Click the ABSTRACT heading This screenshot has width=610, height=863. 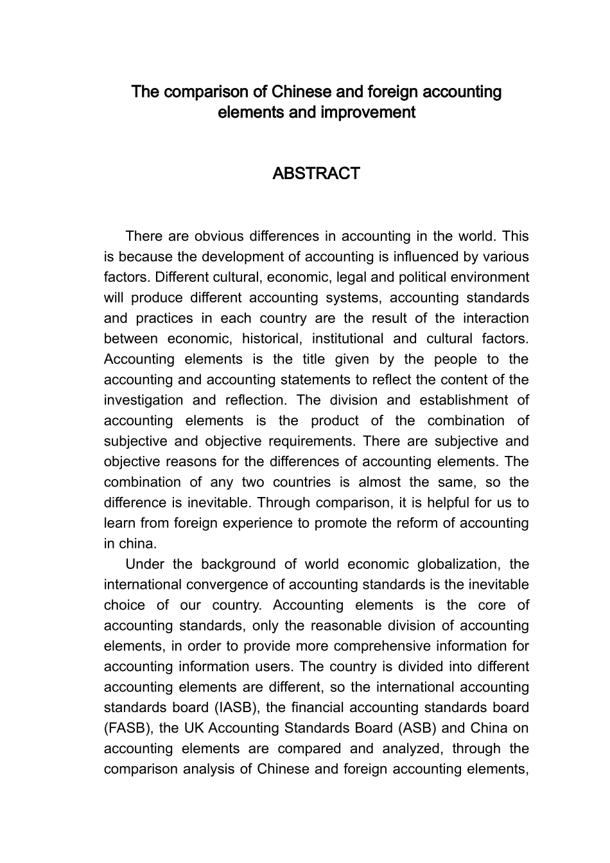click(x=316, y=174)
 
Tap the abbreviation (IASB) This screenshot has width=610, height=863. click(x=235, y=708)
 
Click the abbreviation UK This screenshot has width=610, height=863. click(x=194, y=729)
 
